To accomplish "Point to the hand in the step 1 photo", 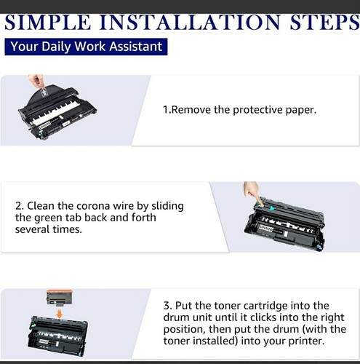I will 36,82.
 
